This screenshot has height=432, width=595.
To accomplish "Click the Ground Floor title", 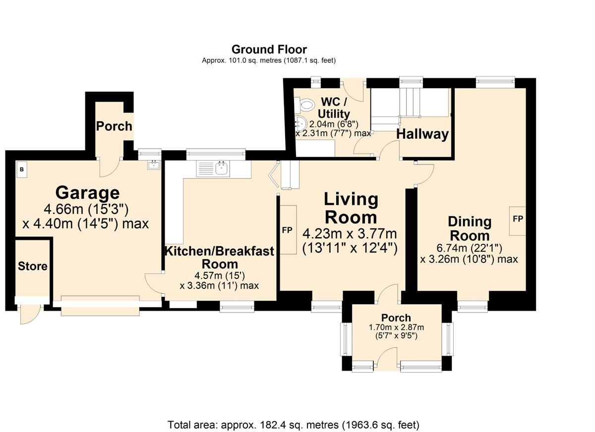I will coord(269,50).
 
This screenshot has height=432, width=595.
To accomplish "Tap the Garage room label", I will coord(87,192).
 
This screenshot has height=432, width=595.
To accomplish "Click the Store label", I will coord(33,266).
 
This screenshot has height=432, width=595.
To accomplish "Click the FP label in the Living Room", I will coord(287,230).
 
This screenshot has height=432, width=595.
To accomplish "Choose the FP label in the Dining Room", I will coord(518,218).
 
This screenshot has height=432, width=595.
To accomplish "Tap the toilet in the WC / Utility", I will coord(306,105).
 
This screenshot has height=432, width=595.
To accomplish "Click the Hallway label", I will coord(422,134).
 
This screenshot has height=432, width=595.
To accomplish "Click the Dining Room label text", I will coord(469,228).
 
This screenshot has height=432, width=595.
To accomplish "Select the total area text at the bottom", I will coord(294,425).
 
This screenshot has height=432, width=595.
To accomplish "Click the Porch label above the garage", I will coord(114,126).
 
